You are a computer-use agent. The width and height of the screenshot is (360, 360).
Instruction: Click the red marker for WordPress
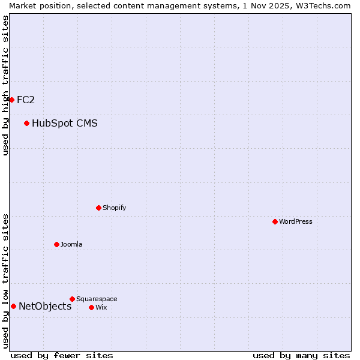[x=275, y=221]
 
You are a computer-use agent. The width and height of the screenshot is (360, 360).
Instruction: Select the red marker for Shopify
[x=98, y=208]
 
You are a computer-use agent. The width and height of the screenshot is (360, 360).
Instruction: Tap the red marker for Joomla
[x=56, y=244]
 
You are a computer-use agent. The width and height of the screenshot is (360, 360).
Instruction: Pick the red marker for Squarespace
[x=72, y=299]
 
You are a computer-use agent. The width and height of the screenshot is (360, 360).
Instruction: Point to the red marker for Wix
[x=91, y=307]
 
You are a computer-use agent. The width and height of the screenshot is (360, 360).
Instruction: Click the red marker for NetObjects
[x=13, y=306]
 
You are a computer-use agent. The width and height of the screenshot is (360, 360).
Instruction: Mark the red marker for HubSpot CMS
[x=26, y=124]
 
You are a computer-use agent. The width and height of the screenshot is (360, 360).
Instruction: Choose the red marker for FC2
[x=11, y=100]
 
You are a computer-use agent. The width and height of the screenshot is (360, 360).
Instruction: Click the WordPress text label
[x=296, y=221]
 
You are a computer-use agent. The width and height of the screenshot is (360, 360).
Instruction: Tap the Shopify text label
[x=114, y=208]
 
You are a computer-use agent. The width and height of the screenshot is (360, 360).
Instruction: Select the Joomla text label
[x=71, y=244]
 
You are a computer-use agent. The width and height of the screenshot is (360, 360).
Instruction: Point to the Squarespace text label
[x=97, y=299]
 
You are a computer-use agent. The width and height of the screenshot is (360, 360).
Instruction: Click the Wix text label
[x=101, y=307]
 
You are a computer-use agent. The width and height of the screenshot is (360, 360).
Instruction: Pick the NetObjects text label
[x=45, y=306]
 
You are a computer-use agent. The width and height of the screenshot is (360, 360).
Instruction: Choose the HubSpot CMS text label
[x=65, y=124]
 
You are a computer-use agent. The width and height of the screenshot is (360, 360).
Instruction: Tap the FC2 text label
[x=26, y=100]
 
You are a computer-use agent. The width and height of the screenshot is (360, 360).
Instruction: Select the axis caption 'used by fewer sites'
[x=62, y=355]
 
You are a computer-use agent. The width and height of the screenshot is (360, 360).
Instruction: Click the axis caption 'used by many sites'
[x=301, y=355]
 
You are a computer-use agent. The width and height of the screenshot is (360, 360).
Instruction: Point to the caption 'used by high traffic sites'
[x=5, y=85]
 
